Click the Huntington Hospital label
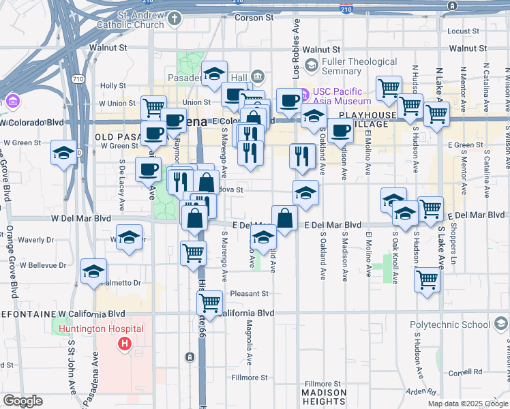pyautogui.click(x=100, y=329)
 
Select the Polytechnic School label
pyautogui.click(x=450, y=325)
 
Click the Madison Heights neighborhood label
pyautogui.click(x=324, y=397)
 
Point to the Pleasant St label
pyautogui.click(x=250, y=294)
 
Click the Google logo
pyautogui.click(x=22, y=401)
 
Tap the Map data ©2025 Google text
pyautogui.click(x=468, y=403)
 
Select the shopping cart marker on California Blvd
pyautogui.click(x=210, y=301)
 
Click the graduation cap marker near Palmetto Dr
pyautogui.click(x=94, y=271)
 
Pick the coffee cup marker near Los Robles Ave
pyautogui.click(x=290, y=100)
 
